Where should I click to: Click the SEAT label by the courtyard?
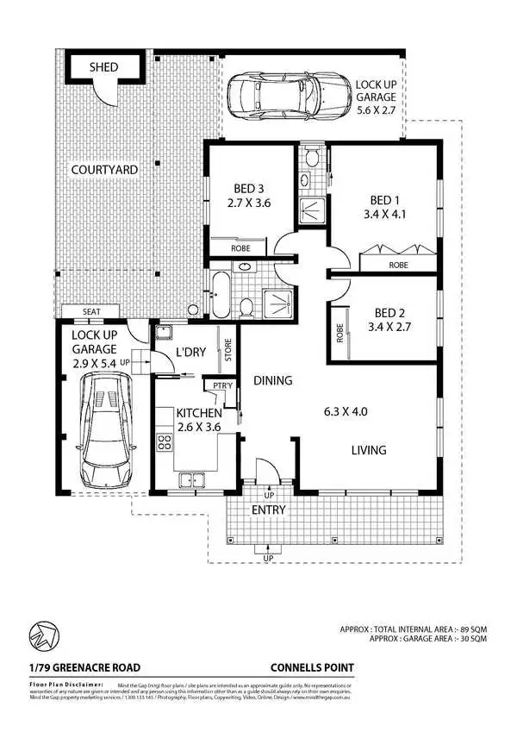[x=94, y=312]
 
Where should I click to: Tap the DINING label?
[x=272, y=380]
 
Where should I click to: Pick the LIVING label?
[x=368, y=450]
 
